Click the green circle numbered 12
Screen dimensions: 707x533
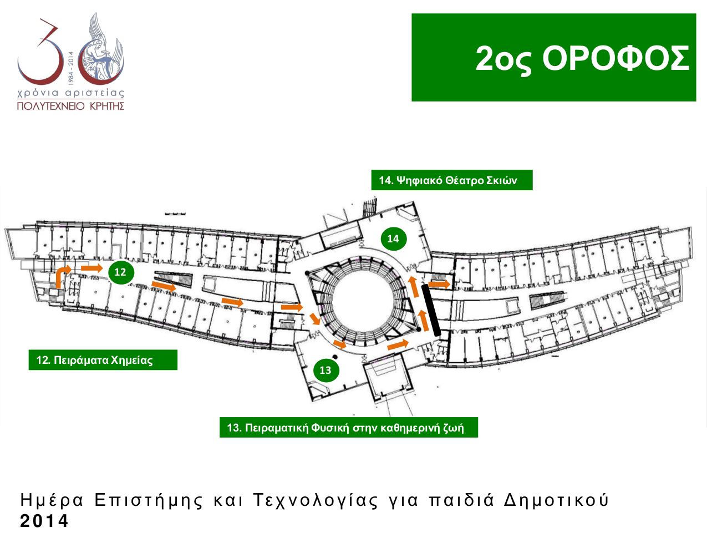[120, 272]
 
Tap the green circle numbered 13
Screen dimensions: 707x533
[325, 370]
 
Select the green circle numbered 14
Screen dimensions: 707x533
[393, 238]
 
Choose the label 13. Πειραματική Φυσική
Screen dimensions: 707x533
[345, 428]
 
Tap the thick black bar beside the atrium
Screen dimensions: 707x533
[431, 310]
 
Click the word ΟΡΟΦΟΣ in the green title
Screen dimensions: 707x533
[616, 58]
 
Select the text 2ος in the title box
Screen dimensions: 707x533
[503, 60]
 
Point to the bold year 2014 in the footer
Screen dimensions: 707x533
[44, 521]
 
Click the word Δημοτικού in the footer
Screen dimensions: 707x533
[556, 500]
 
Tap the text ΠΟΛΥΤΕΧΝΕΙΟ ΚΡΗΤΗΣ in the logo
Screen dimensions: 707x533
[70, 106]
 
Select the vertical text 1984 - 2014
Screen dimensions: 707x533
[71, 68]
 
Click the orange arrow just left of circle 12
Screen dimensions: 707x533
[92, 268]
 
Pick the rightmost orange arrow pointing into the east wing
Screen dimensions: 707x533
[439, 285]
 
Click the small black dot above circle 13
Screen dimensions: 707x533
[335, 357]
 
